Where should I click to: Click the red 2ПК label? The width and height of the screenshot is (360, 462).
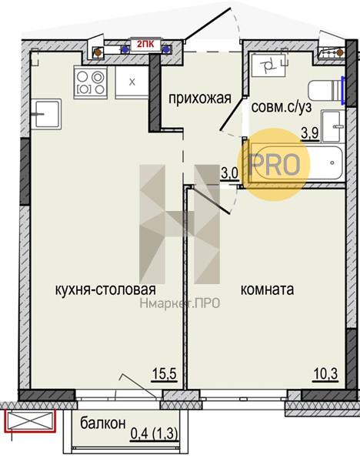(145, 45)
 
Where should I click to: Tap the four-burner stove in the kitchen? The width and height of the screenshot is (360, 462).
(90, 82)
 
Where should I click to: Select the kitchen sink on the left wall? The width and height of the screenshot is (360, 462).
(46, 114)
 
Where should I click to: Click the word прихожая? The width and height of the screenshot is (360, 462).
(200, 99)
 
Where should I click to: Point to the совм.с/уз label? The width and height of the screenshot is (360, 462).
(281, 107)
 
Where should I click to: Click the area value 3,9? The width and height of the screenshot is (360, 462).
(310, 134)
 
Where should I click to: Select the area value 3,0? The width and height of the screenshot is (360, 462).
(229, 173)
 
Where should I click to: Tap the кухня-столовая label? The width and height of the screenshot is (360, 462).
(105, 290)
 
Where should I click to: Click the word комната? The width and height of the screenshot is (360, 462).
(267, 290)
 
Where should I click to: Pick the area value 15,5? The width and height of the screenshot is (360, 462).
(165, 374)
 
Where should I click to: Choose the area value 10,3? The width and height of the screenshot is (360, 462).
(325, 374)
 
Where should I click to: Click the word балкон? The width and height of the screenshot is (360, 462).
(103, 423)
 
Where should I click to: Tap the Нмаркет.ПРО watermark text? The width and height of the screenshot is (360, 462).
(179, 303)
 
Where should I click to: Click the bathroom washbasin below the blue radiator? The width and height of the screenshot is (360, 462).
(334, 126)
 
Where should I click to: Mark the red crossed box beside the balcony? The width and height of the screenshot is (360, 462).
(31, 420)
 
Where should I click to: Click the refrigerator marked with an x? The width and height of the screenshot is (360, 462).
(132, 82)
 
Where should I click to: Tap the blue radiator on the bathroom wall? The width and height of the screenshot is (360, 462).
(343, 90)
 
